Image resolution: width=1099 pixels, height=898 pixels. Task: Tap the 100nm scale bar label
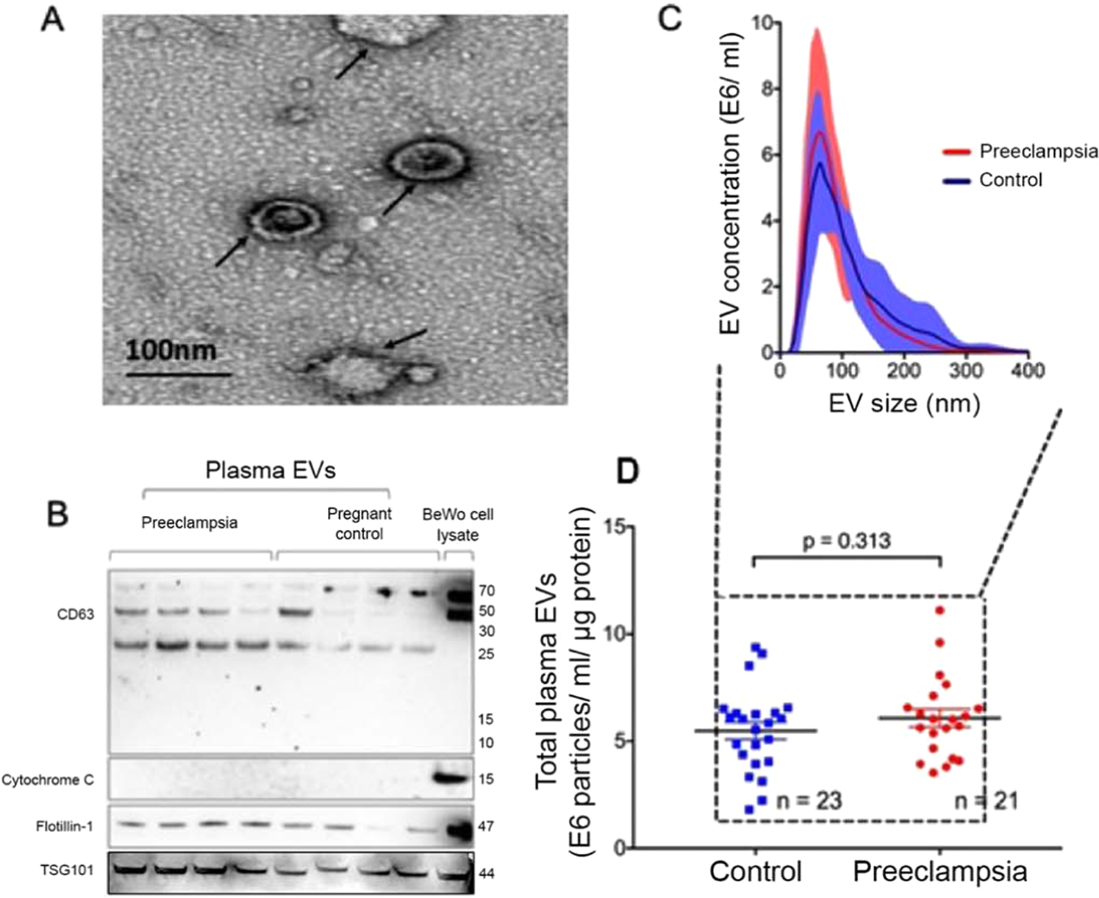171,350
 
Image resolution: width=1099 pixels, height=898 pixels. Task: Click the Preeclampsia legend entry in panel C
1038,151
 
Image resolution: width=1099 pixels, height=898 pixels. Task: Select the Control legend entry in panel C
1010,180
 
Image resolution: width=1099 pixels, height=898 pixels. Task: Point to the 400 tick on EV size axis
1028,370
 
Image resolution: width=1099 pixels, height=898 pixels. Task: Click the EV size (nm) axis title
904,403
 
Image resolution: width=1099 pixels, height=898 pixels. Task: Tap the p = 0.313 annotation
847,541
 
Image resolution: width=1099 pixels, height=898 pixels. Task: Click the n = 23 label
809,800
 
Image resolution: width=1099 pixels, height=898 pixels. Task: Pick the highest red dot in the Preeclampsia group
939,610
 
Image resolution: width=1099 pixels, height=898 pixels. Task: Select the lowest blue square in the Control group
749,809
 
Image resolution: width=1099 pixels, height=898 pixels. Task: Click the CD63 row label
76,614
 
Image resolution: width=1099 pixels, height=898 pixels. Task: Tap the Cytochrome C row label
48,780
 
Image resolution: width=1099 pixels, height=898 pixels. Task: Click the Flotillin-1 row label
65,827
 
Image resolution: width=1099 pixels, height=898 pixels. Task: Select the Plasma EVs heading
271,470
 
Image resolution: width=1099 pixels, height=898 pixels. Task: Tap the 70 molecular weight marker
486,591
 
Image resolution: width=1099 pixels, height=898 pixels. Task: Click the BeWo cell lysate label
457,525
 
